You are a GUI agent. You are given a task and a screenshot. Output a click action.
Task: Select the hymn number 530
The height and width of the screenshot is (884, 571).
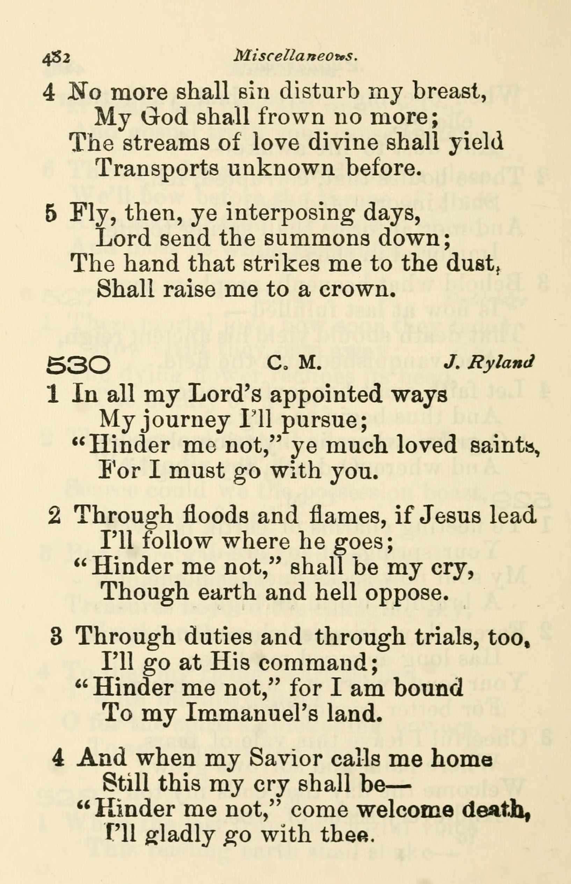[78, 366]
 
